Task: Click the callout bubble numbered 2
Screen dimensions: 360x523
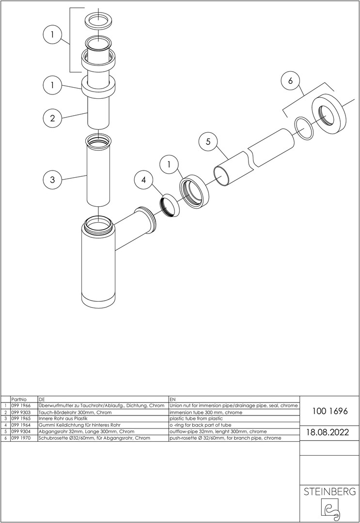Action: click(52, 118)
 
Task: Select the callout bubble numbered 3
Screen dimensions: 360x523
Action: click(52, 180)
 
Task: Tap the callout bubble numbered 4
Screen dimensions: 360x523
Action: click(143, 180)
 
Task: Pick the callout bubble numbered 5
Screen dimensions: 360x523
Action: click(208, 142)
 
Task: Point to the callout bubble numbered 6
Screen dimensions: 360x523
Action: click(290, 81)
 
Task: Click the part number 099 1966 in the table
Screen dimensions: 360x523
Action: click(21, 406)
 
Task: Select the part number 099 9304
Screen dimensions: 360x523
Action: click(21, 431)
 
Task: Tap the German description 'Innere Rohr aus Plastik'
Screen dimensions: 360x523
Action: click(63, 418)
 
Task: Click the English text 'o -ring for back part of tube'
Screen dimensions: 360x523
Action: click(200, 425)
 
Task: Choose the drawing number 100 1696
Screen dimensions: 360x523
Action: click(330, 411)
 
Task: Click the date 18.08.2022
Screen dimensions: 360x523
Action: click(328, 432)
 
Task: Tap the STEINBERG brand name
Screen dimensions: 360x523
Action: click(329, 492)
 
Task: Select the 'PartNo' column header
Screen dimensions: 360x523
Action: click(19, 399)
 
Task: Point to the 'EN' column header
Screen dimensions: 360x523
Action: click(172, 399)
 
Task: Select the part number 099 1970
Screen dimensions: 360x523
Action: click(21, 438)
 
